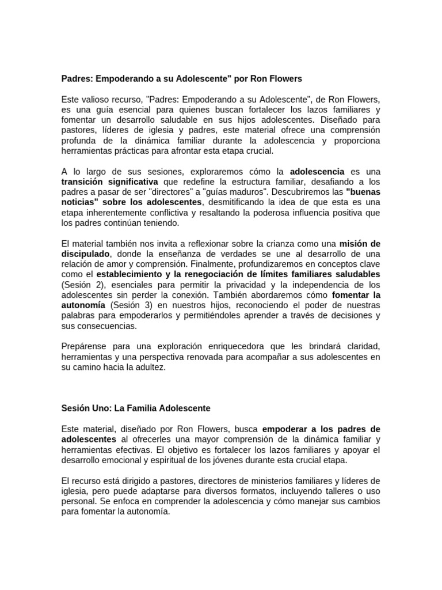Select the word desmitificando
point(234,202)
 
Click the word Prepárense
point(85,346)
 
